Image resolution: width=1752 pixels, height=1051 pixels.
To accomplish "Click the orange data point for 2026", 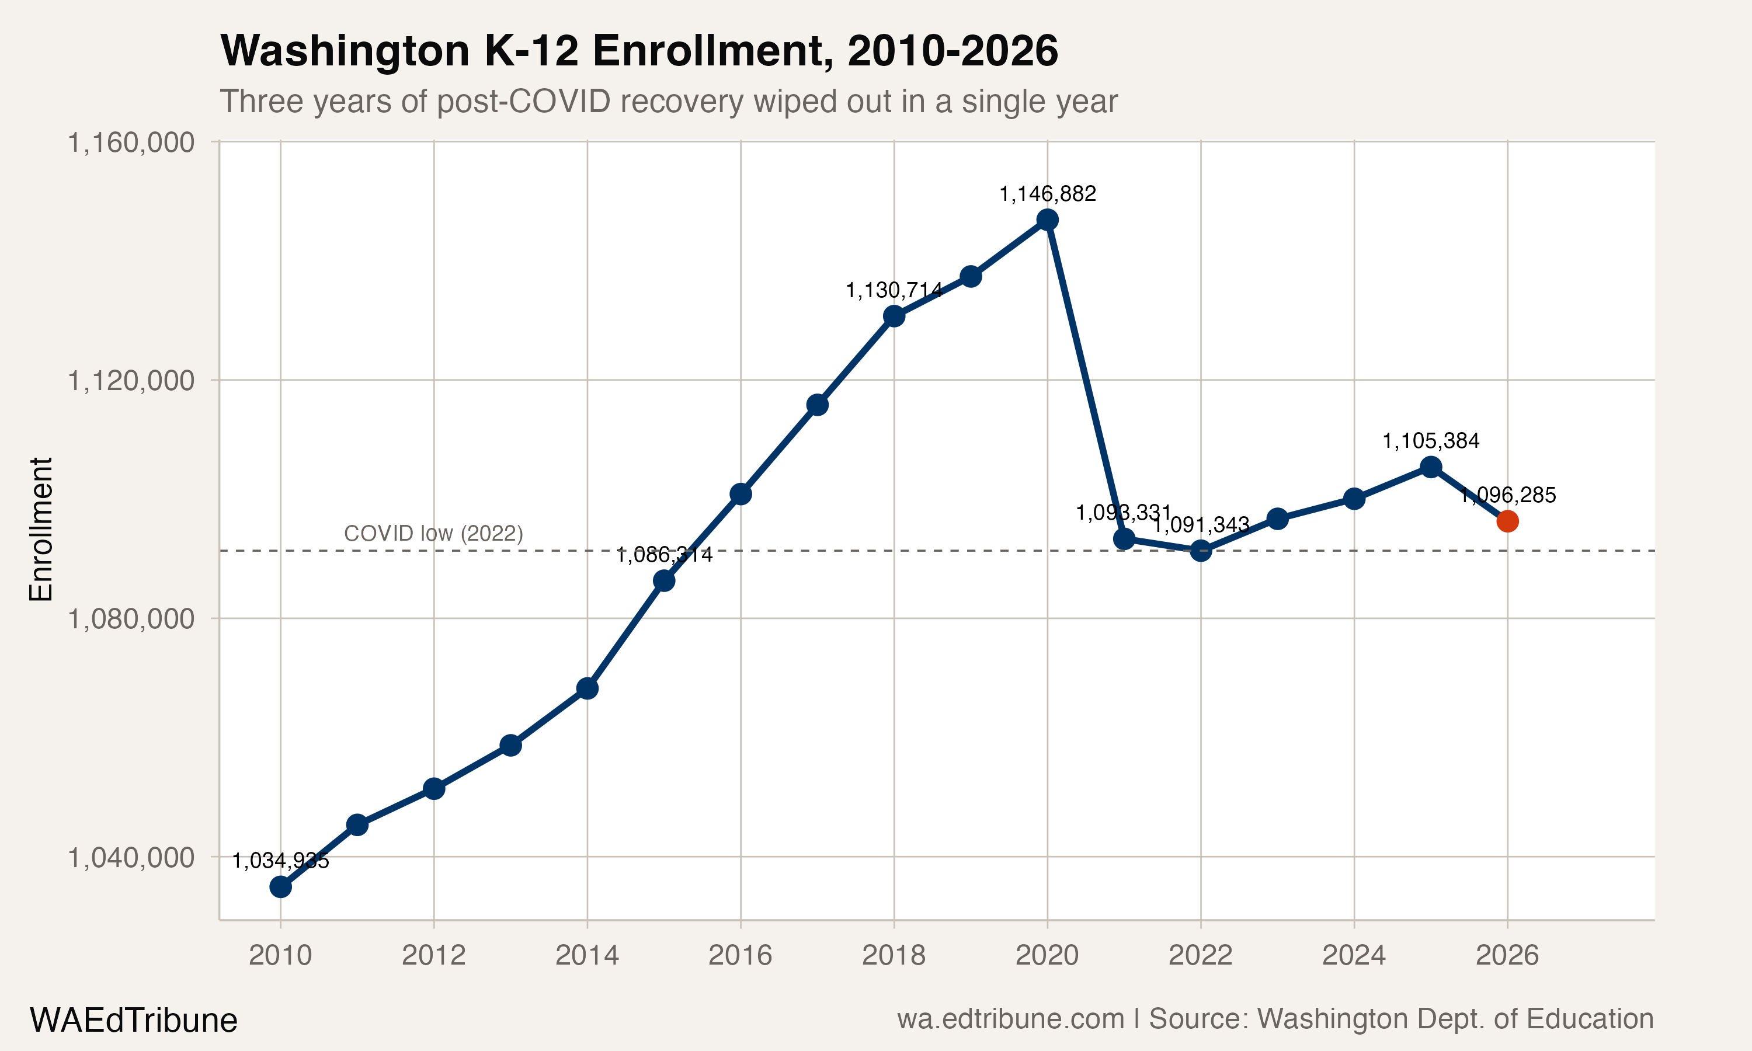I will (1507, 521).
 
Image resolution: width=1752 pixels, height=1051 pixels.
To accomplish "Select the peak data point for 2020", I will (1047, 220).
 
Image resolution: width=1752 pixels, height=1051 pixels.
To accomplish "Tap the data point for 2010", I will (280, 887).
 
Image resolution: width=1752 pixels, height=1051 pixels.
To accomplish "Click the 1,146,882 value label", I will (1047, 193).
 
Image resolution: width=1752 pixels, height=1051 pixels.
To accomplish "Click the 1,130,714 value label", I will (894, 290).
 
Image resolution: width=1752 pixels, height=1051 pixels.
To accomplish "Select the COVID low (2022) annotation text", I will (433, 533).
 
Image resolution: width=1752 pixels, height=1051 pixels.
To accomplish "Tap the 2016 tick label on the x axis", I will (740, 955).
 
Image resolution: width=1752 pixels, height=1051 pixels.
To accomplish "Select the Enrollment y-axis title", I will (40, 529).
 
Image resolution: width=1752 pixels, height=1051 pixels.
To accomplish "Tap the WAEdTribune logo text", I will (133, 1020).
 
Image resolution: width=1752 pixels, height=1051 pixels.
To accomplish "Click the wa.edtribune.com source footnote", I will (1010, 1018).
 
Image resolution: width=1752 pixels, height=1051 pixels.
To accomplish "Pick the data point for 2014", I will (587, 688).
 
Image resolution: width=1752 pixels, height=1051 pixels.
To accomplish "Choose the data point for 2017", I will (817, 405).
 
